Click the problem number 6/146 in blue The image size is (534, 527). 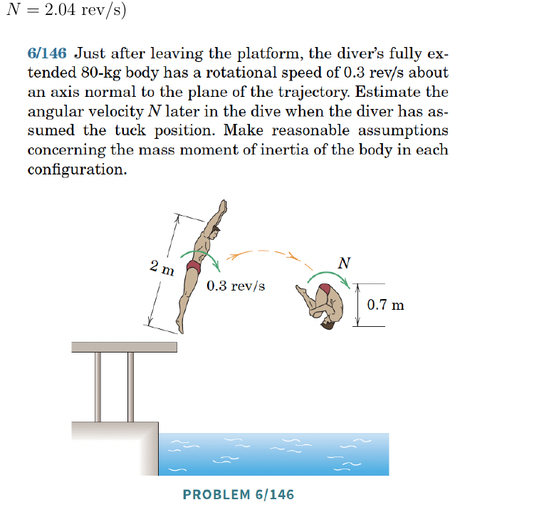click(47, 53)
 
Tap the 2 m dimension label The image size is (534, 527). click(162, 268)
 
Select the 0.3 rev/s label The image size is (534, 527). click(236, 286)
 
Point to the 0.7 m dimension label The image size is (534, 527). click(385, 305)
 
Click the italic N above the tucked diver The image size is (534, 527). click(344, 263)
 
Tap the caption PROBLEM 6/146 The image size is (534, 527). click(239, 495)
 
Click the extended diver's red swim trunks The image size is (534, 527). click(194, 267)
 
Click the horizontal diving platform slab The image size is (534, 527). click(125, 347)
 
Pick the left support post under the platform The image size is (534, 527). click(98, 387)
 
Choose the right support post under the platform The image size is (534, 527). click(130, 387)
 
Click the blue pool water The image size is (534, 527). click(274, 454)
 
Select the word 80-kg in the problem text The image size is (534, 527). click(101, 73)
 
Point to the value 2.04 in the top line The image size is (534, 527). click(60, 9)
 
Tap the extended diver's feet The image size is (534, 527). click(180, 324)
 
